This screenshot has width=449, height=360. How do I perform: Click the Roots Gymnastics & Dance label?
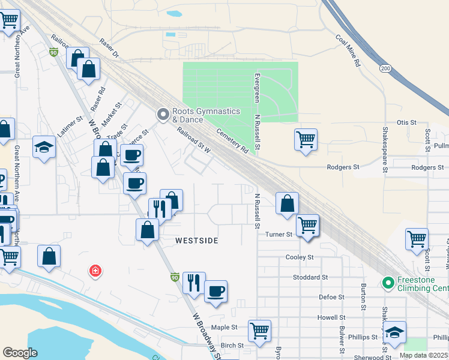[x=206, y=115]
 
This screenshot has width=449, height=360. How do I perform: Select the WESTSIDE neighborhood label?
[x=196, y=240]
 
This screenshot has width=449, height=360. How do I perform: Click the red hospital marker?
[x=94, y=272]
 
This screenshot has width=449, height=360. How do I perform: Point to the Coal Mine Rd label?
[x=348, y=50]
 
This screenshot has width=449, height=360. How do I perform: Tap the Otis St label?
[x=406, y=122]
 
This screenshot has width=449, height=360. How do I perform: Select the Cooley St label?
[x=300, y=257]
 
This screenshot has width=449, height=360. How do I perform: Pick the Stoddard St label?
[x=310, y=277]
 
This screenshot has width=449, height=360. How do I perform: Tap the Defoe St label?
[x=331, y=297]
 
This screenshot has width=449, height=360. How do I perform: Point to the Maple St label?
[x=224, y=328]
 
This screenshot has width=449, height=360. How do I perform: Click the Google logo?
[x=20, y=353]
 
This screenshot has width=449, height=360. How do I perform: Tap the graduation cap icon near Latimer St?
[x=44, y=147]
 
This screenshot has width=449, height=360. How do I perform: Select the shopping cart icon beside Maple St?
[x=259, y=329]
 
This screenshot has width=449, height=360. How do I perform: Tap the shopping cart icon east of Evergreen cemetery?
[x=306, y=139]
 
